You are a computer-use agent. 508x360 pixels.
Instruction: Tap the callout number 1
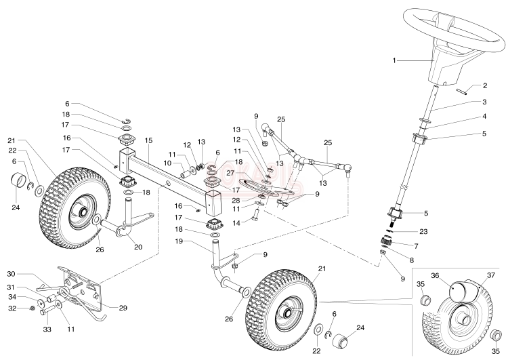pos(394,60)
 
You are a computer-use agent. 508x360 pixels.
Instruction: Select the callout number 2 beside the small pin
pos(485,86)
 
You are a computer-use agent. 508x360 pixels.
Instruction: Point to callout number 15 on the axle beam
pos(149,140)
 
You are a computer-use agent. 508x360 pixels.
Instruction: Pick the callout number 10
pos(166,163)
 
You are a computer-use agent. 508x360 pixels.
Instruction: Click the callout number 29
pos(124,308)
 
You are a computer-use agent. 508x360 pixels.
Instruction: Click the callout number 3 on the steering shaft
pos(485,102)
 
